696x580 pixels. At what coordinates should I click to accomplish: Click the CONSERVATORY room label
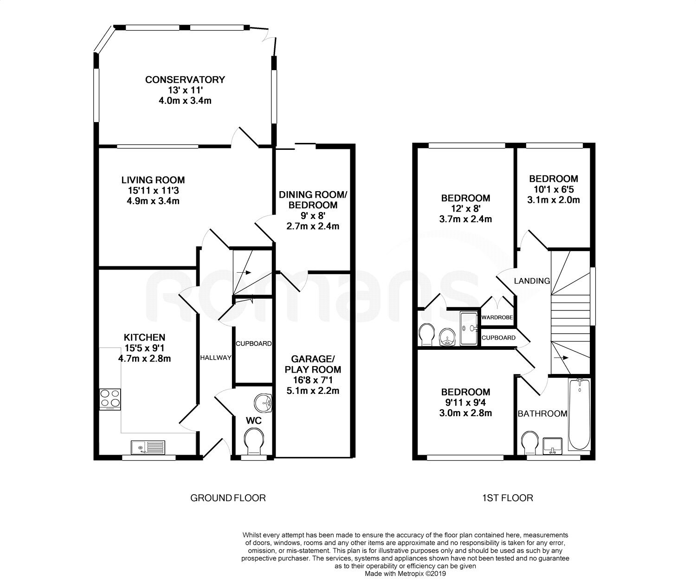click(185, 80)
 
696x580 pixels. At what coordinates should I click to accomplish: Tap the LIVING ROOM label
click(153, 180)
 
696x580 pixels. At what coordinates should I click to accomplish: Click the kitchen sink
click(148, 447)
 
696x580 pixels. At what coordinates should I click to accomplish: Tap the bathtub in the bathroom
click(579, 414)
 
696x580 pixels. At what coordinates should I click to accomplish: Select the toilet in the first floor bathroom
click(529, 443)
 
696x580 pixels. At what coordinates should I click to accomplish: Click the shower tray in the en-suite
click(469, 328)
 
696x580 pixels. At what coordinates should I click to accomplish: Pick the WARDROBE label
click(497, 318)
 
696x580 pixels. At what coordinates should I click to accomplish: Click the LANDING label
click(532, 281)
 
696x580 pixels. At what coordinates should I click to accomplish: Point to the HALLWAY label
click(215, 358)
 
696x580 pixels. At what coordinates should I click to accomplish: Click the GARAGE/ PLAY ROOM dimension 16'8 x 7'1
click(312, 380)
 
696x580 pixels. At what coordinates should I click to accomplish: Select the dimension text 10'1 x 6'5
click(553, 189)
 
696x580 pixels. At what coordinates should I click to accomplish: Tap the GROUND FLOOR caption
click(228, 498)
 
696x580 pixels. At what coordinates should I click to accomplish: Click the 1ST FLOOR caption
click(507, 498)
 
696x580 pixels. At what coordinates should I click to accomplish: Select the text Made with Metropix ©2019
click(405, 574)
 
